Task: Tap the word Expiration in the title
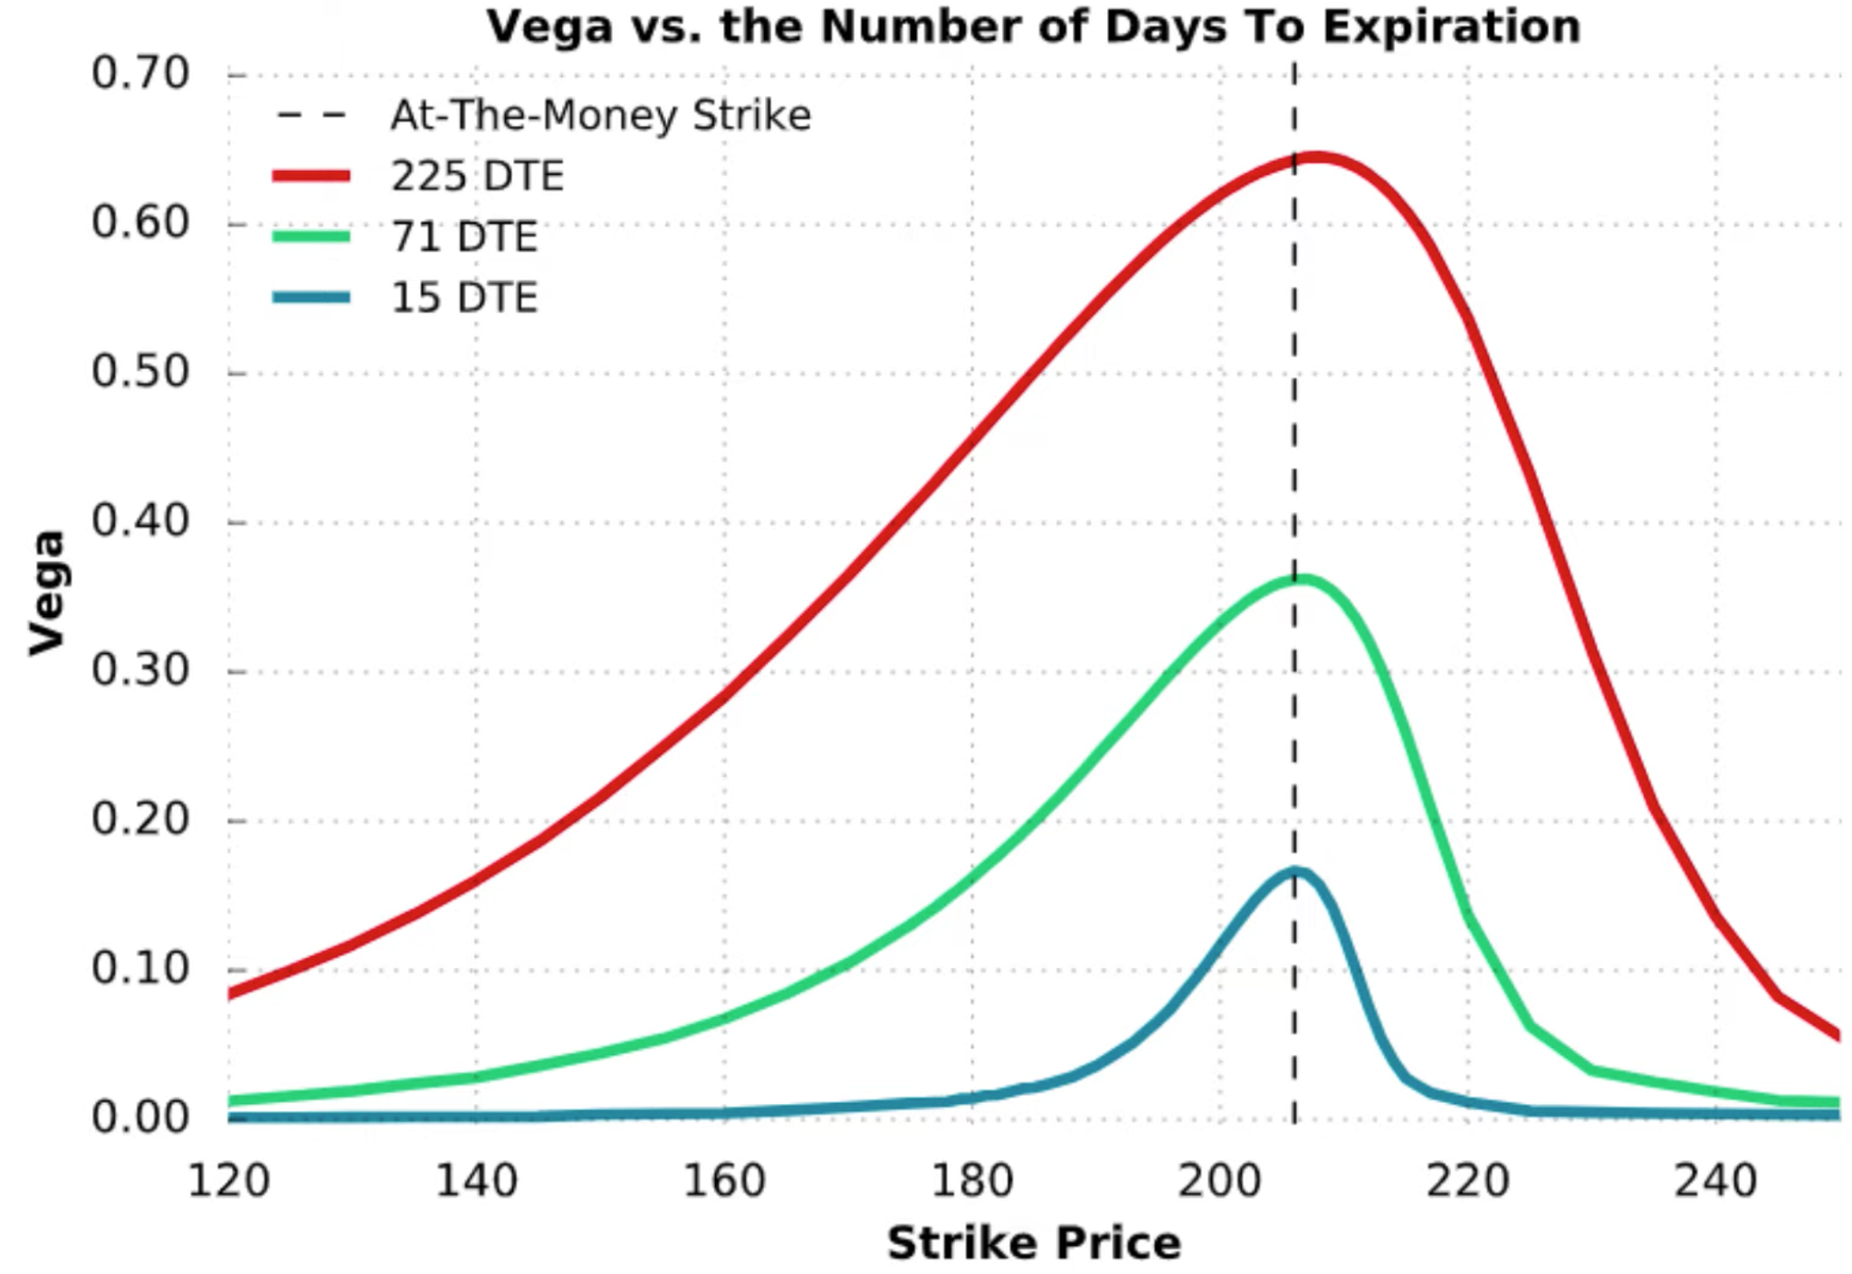pyautogui.click(x=1451, y=27)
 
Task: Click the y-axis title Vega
pyautogui.click(x=47, y=593)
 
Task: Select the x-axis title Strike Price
pyautogui.click(x=1034, y=1242)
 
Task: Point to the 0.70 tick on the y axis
pyautogui.click(x=140, y=73)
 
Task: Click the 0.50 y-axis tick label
pyautogui.click(x=140, y=372)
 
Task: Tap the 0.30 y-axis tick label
pyautogui.click(x=140, y=670)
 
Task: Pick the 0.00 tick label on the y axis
pyautogui.click(x=140, y=1117)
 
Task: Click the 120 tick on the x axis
pyautogui.click(x=228, y=1181)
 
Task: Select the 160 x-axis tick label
pyautogui.click(x=724, y=1181)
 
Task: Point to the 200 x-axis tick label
pyautogui.click(x=1219, y=1181)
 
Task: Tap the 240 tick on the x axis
pyautogui.click(x=1715, y=1181)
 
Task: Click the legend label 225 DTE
pyautogui.click(x=477, y=176)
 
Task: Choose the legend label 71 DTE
pyautogui.click(x=464, y=237)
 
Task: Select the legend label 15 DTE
pyautogui.click(x=464, y=298)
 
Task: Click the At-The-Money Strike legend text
pyautogui.click(x=600, y=115)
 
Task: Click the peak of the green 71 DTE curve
pyautogui.click(x=1301, y=578)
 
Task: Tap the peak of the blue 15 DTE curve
pyautogui.click(x=1295, y=871)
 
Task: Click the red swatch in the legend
pyautogui.click(x=311, y=176)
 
